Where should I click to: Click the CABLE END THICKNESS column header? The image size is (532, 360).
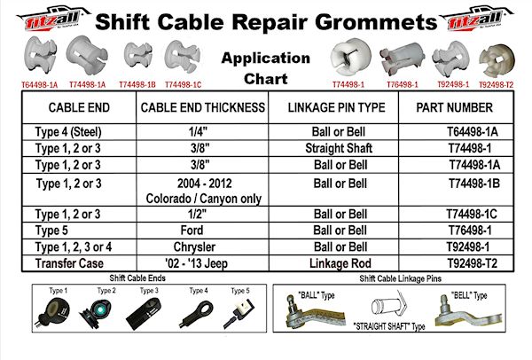pos(203,107)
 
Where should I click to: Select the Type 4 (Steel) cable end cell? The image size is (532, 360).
pos(74,130)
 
